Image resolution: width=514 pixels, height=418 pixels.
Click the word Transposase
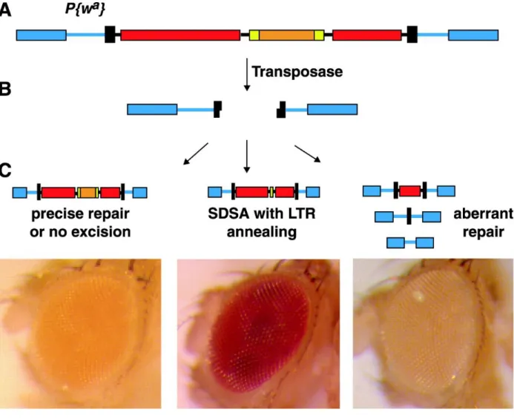click(297, 72)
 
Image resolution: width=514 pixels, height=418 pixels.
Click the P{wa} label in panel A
click(85, 8)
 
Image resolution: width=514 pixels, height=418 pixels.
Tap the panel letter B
click(5, 89)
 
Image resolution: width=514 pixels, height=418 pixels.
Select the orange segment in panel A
click(287, 35)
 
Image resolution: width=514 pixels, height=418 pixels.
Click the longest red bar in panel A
click(180, 35)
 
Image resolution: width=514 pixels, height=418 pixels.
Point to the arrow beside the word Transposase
click(247, 74)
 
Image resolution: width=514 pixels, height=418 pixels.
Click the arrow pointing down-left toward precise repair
click(196, 153)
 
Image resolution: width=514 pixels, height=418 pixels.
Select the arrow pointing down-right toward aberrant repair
click(308, 153)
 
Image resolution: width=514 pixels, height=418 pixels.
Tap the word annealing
click(262, 232)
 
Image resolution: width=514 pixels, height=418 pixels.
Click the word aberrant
click(483, 214)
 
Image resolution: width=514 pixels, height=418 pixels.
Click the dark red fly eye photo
click(258, 334)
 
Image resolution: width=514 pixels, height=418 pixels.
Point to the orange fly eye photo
click(81, 334)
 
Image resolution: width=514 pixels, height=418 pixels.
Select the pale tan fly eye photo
click(433, 334)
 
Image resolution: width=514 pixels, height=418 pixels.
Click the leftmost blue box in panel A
click(42, 35)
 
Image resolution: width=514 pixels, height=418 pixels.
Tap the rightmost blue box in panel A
click(473, 35)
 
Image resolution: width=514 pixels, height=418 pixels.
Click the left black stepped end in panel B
click(217, 109)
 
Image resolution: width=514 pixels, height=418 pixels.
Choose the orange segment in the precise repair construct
click(88, 193)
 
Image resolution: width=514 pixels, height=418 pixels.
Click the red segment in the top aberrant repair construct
click(409, 190)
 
